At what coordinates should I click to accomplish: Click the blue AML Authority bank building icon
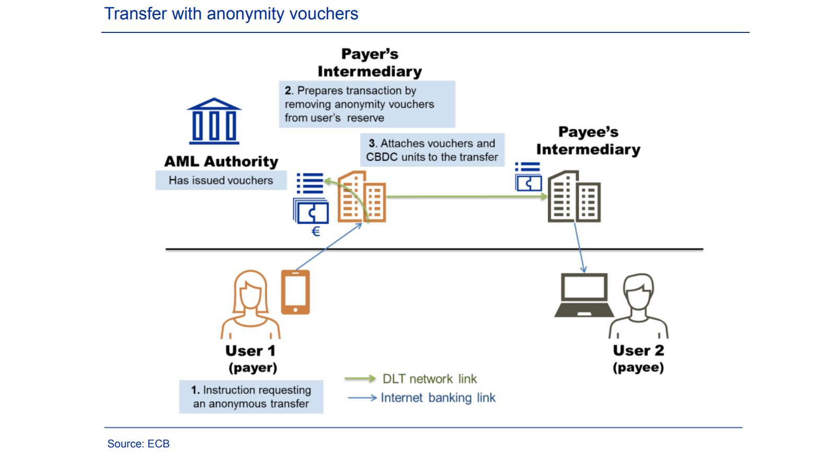214,121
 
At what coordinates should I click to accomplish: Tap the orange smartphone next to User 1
295,292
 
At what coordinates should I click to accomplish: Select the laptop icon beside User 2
584,295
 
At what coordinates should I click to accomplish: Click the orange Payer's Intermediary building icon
362,197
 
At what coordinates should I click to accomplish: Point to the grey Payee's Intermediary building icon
574,197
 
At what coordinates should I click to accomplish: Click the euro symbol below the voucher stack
316,232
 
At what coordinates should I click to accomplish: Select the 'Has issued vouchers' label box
221,180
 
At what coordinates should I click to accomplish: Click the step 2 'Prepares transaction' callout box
367,104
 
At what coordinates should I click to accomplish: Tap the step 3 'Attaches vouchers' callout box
432,150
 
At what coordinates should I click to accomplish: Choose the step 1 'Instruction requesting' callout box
251,397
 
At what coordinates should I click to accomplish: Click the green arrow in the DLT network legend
360,378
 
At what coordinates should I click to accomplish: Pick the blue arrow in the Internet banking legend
362,398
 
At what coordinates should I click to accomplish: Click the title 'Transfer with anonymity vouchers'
232,14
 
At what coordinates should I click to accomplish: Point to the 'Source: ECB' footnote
138,444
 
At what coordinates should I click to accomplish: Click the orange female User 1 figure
250,305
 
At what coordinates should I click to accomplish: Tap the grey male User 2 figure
638,306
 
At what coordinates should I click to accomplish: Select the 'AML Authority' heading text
221,162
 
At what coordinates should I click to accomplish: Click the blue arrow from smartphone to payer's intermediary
329,247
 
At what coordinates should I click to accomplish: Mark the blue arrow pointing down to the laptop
580,248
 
